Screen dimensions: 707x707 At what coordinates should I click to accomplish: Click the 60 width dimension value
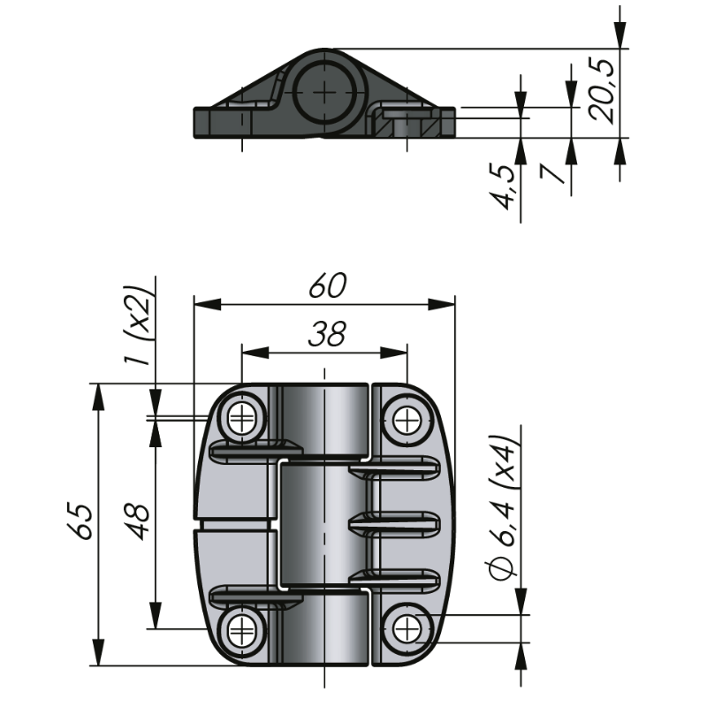(328, 285)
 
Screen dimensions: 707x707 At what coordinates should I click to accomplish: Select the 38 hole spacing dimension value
(327, 334)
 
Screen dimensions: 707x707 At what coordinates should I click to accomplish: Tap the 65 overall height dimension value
(82, 521)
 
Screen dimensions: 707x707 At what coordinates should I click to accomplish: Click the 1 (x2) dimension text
(138, 325)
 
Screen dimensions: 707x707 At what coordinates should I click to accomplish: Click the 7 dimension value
(553, 174)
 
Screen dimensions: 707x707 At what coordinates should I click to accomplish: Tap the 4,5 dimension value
(502, 187)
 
